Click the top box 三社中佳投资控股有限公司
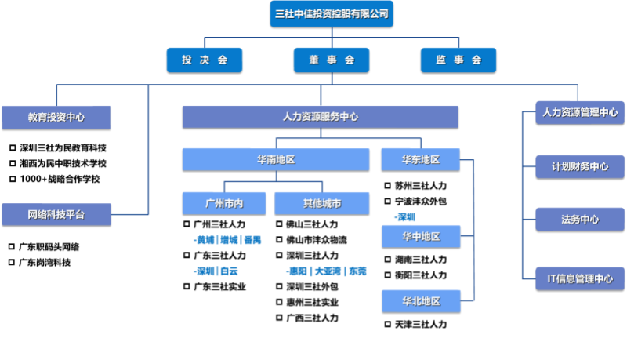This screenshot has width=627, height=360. pyautogui.click(x=331, y=13)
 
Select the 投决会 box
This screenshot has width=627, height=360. pyautogui.click(x=204, y=60)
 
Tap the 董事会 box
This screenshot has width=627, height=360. pyautogui.click(x=331, y=60)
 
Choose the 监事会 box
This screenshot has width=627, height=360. pyautogui.click(x=458, y=60)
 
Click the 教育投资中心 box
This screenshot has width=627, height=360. pyautogui.click(x=56, y=117)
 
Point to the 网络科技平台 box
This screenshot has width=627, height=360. pyautogui.click(x=56, y=214)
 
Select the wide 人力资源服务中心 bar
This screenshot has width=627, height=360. pyautogui.click(x=320, y=117)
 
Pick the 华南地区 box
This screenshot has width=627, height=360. pyautogui.click(x=276, y=159)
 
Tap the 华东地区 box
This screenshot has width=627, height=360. pyautogui.click(x=421, y=159)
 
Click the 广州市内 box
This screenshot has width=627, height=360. pyautogui.click(x=223, y=203)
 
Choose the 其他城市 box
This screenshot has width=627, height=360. pyautogui.click(x=321, y=203)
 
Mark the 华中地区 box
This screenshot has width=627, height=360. pyautogui.click(x=421, y=236)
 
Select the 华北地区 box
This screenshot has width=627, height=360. pyautogui.click(x=421, y=301)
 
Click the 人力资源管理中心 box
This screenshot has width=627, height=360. pyautogui.click(x=580, y=112)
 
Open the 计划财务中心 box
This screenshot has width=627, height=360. pyautogui.click(x=580, y=166)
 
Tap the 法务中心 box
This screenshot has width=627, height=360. pyautogui.click(x=580, y=220)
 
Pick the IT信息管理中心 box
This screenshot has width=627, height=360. pyautogui.click(x=580, y=278)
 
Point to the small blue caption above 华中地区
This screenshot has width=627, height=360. pyautogui.click(x=405, y=217)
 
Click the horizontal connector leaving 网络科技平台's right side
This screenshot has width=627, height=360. pyautogui.click(x=129, y=214)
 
